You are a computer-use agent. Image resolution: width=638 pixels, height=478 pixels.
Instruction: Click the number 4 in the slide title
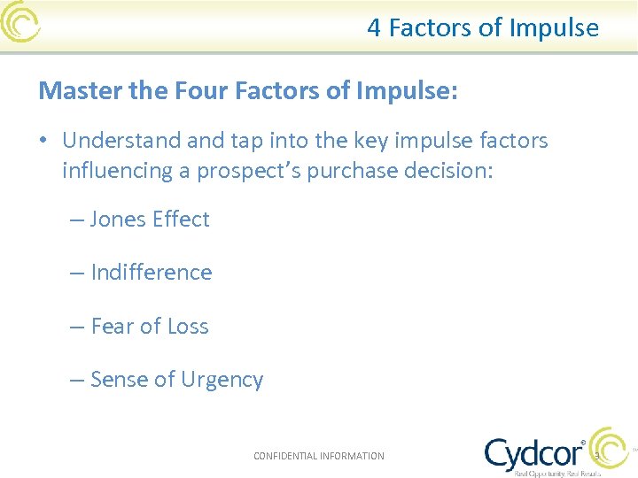point(374,28)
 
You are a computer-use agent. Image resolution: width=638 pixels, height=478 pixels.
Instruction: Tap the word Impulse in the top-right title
point(554,28)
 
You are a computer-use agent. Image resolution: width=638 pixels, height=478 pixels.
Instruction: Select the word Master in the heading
point(75,90)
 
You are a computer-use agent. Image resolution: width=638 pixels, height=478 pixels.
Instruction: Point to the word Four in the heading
point(186,90)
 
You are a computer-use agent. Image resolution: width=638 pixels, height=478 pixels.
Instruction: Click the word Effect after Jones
point(180,220)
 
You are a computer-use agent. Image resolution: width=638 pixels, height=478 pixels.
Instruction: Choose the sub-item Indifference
point(152,273)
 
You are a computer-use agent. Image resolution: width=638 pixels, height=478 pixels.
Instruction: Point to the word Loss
point(188,327)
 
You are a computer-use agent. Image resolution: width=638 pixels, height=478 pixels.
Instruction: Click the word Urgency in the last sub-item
point(222,381)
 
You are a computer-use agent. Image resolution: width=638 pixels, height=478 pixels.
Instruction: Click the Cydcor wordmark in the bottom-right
point(533,453)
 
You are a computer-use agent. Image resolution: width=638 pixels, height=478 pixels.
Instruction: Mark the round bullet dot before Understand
point(44,142)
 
